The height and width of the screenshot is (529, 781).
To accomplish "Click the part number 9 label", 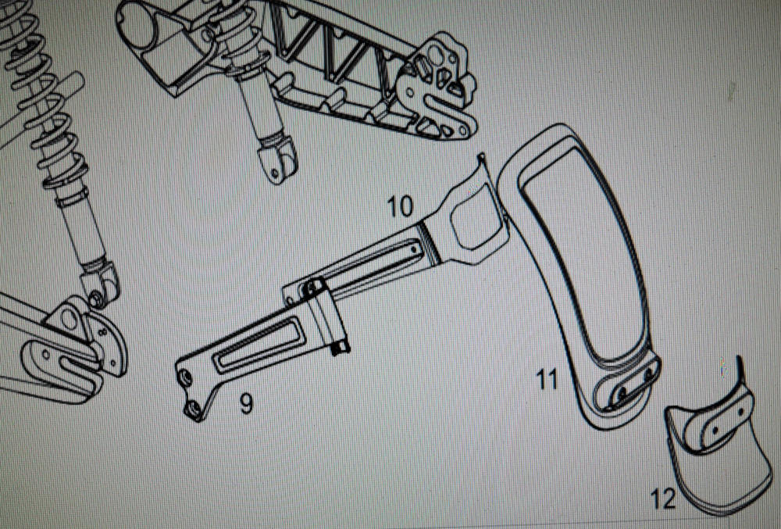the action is click(247, 403).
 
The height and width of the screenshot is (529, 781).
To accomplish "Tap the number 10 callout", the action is click(401, 206).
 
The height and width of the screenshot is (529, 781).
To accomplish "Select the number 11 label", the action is click(547, 380).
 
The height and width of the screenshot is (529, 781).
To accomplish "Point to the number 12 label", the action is click(663, 499).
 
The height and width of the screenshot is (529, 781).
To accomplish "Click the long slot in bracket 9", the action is click(259, 344).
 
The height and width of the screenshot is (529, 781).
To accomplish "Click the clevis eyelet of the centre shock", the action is click(277, 159).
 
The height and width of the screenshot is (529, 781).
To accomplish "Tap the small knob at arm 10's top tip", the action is click(482, 159).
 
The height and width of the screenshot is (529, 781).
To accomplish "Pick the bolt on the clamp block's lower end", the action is click(340, 348).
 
